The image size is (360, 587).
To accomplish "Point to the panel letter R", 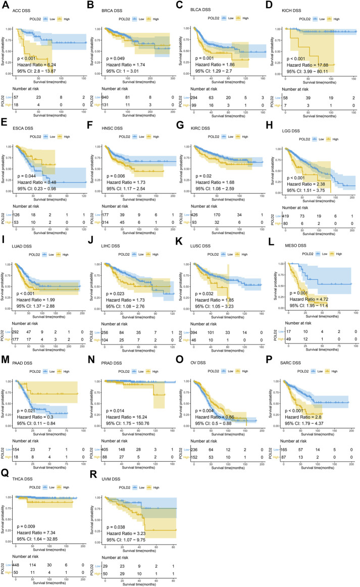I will click(x=96, y=473).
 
